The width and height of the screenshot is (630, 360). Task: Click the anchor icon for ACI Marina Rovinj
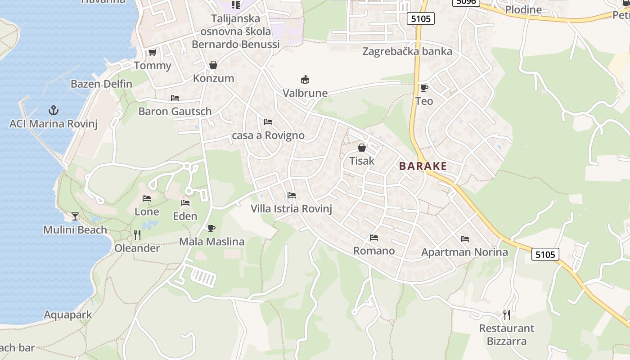54,110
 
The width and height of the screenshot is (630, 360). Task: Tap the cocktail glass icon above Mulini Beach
75,216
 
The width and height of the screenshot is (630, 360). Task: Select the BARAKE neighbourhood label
423,166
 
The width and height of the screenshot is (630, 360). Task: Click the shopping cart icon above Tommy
153,53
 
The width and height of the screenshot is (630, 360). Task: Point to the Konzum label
213,78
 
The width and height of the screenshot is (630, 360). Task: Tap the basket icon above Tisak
362,147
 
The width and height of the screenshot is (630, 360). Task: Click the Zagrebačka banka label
407,51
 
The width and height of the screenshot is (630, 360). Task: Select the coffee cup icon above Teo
424,88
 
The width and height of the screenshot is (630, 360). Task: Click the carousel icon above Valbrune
305,80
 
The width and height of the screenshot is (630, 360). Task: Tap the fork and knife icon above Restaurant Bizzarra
507,315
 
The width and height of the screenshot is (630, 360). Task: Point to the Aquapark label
67,315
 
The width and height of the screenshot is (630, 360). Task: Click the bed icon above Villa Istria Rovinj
292,195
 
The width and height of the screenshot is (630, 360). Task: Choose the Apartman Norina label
464,252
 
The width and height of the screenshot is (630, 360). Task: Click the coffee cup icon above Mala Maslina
211,228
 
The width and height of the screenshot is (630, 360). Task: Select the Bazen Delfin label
101,84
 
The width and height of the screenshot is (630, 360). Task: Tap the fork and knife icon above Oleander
137,234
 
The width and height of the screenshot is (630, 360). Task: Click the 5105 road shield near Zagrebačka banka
421,18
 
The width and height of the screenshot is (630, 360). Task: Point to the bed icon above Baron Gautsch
175,98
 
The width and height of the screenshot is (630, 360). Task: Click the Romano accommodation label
374,251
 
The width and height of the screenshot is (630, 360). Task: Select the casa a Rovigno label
268,135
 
